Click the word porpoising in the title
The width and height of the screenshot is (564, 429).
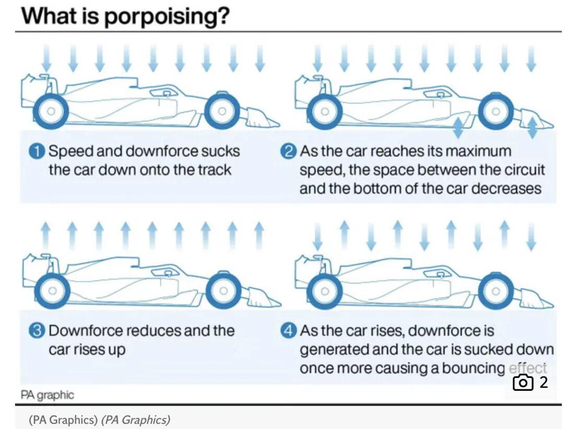pyautogui.click(x=167, y=17)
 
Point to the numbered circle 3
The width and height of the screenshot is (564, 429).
pyautogui.click(x=37, y=331)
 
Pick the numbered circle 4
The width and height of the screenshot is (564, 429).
pyautogui.click(x=288, y=330)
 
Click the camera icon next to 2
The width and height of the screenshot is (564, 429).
pyautogui.click(x=523, y=382)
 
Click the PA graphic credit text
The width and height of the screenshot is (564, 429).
pyautogui.click(x=47, y=395)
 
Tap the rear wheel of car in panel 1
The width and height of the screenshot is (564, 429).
pyautogui.click(x=51, y=111)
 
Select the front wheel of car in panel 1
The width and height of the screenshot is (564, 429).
pyautogui.click(x=222, y=111)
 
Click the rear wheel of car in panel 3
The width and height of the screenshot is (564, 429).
pyautogui.click(x=53, y=290)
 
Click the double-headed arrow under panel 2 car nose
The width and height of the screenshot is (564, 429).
pyautogui.click(x=533, y=128)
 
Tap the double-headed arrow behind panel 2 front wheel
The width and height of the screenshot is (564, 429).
pyautogui.click(x=458, y=128)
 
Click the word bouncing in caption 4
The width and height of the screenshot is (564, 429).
pyautogui.click(x=473, y=368)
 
